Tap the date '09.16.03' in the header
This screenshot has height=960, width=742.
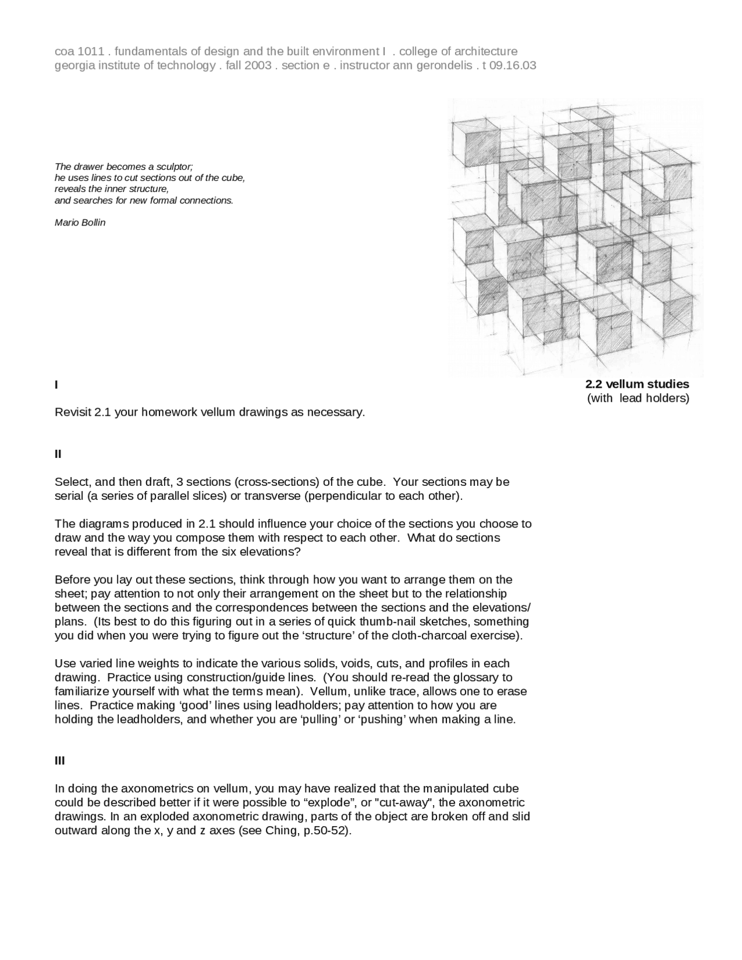(x=512, y=66)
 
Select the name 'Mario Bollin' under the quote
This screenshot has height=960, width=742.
(x=80, y=223)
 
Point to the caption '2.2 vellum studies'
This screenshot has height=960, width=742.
(x=637, y=384)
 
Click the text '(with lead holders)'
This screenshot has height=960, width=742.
(x=638, y=398)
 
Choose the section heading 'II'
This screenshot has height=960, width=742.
(x=58, y=454)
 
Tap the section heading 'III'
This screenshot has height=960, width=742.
(x=60, y=761)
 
